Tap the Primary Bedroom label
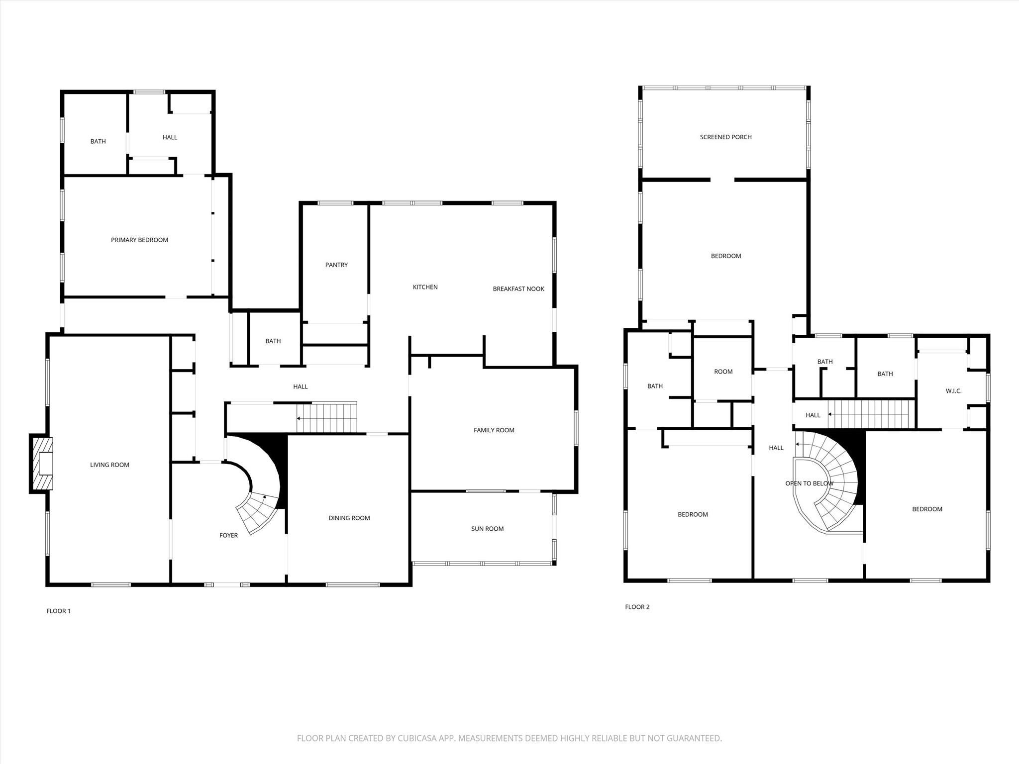pos(139,240)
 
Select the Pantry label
pos(336,265)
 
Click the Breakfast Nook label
pos(518,289)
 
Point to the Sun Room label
pos(487,529)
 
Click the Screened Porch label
pos(725,137)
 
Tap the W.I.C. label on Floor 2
pos(953,391)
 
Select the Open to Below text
pos(809,483)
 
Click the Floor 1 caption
pos(58,611)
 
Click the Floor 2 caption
pos(637,607)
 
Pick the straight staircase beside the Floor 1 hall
pos(327,418)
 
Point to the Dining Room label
pos(349,518)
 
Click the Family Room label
pos(494,430)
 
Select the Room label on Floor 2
pos(723,372)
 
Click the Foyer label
pos(228,536)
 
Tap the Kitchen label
pos(425,287)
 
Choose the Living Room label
pos(109,465)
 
